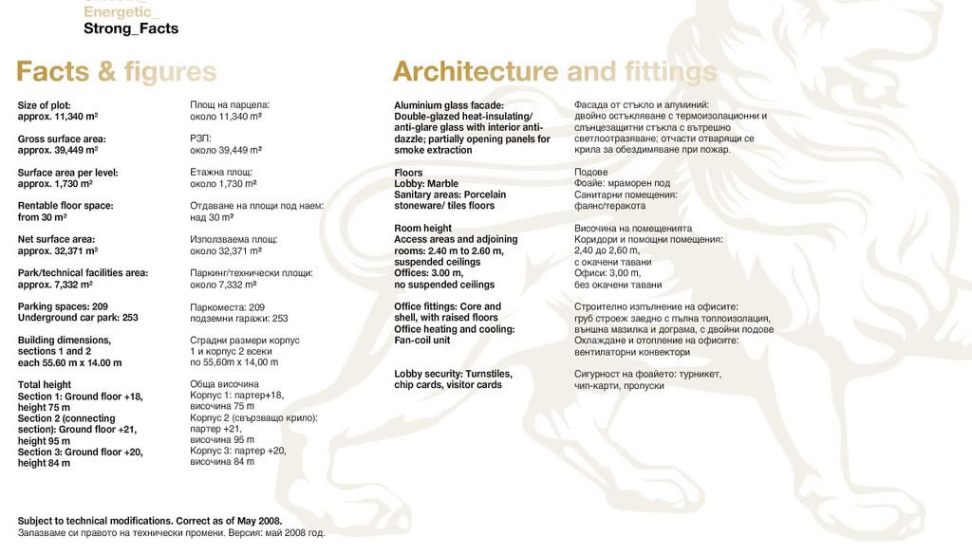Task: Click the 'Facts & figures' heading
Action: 116,72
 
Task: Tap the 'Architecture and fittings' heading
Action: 554,72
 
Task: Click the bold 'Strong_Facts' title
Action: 131,28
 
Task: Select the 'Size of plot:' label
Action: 45,105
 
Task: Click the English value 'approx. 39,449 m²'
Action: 58,150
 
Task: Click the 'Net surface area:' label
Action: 56,240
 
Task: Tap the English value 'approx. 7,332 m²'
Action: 55,285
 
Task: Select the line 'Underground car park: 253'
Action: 78,318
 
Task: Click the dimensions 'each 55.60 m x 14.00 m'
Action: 69,362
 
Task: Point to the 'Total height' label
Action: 45,385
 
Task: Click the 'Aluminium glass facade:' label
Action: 449,105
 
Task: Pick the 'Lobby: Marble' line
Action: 426,184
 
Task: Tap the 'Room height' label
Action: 423,229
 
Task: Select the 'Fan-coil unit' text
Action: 422,341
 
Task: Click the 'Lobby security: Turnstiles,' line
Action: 453,374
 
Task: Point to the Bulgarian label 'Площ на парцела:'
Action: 230,104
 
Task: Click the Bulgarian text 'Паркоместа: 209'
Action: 227,307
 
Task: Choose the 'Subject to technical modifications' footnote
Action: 150,521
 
